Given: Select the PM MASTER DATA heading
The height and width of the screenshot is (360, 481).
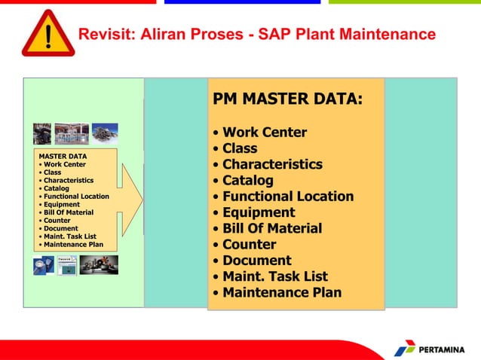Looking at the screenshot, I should [287, 99].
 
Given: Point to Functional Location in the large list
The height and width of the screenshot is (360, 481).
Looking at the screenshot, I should [287, 197].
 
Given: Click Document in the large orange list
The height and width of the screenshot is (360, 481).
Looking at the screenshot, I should [256, 261].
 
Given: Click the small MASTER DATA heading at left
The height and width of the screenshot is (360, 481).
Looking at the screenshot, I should [63, 157].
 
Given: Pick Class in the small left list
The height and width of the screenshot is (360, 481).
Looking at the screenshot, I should [53, 172].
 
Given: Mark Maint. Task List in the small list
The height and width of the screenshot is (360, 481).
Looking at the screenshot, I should [70, 236].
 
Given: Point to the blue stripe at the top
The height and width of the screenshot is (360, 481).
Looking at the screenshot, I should [242, 2].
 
